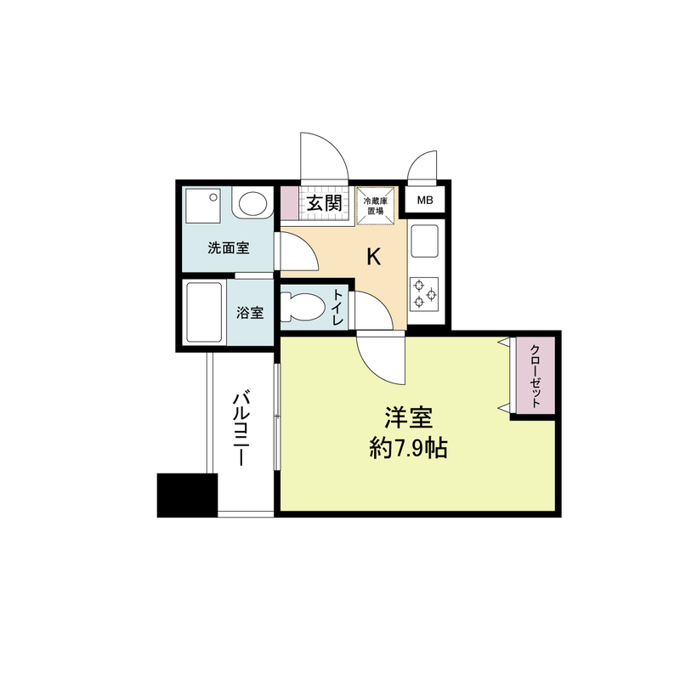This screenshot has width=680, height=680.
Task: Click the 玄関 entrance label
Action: (325, 204)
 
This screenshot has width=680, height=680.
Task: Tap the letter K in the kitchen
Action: (372, 256)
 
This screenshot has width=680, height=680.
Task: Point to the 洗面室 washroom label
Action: (229, 249)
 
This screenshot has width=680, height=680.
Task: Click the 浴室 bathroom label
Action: (250, 313)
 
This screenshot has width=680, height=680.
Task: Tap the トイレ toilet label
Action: (337, 309)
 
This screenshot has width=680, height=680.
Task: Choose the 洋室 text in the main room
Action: (409, 418)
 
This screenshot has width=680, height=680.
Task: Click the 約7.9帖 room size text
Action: (409, 448)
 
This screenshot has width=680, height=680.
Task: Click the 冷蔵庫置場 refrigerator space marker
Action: (375, 206)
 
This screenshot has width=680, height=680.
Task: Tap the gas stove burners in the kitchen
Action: (424, 294)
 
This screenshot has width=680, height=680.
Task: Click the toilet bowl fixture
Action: (299, 308)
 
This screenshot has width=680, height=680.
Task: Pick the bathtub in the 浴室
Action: (204, 312)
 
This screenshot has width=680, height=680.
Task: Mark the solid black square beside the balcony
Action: (187, 495)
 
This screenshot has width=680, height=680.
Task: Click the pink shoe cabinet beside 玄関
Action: (290, 204)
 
